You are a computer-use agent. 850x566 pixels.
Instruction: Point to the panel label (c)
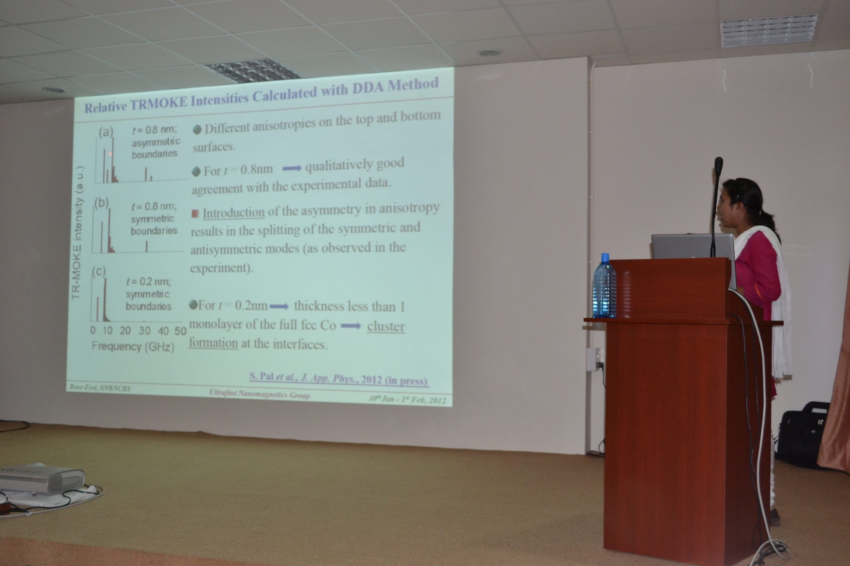pos(99,271)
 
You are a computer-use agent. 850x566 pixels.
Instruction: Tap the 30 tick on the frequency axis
pos(144,331)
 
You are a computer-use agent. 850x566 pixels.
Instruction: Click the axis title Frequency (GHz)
pos(133,347)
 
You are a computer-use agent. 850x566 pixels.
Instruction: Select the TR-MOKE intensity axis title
pos(78,233)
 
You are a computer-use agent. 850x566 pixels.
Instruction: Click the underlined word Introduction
pos(234,213)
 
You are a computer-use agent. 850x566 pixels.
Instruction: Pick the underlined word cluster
pos(386,326)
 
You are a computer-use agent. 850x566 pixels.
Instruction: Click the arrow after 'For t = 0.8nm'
pos(292,168)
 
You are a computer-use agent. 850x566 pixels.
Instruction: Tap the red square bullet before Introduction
pos(195,213)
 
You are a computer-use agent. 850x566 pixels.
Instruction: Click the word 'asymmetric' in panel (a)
pos(156,141)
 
